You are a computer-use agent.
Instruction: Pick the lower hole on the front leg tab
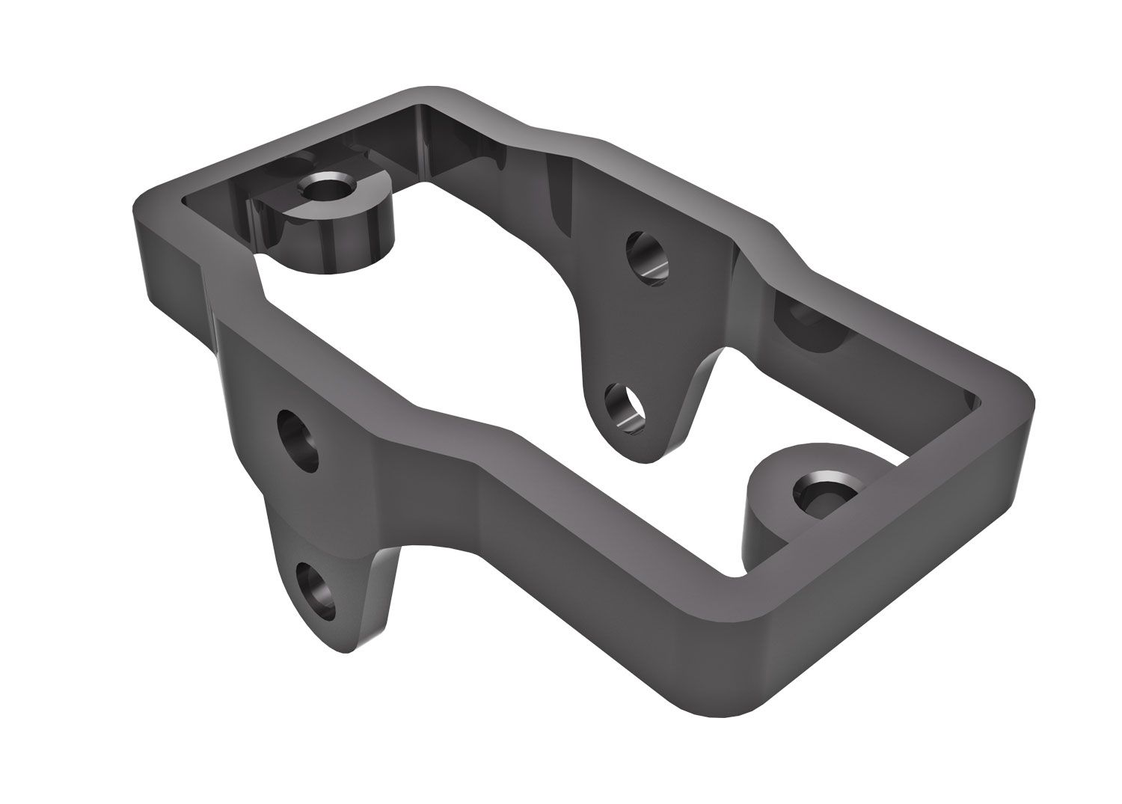pyautogui.click(x=316, y=591)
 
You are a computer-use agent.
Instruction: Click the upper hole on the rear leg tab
pyautogui.click(x=645, y=256)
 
